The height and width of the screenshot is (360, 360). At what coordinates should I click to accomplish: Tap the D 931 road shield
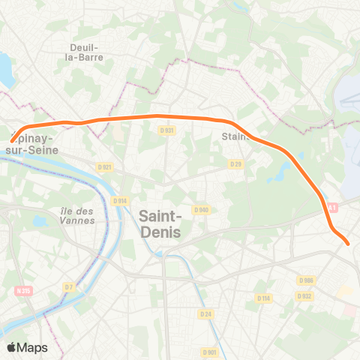pos(167,130)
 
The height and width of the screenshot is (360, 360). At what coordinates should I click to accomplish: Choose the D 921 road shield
pos(104,167)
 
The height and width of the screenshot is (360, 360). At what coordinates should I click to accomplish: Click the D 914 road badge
pos(120,200)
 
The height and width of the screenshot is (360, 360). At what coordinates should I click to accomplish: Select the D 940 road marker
pos(200,210)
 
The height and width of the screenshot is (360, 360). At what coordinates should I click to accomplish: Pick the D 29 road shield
pos(236,163)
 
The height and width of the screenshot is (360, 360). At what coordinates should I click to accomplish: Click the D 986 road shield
pos(304,280)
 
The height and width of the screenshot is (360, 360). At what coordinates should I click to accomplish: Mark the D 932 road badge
pos(304,295)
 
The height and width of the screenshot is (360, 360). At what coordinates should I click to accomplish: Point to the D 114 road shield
pos(262,298)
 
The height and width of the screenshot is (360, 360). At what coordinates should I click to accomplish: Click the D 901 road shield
pos(209,352)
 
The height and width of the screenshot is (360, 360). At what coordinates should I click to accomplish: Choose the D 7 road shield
pos(69,286)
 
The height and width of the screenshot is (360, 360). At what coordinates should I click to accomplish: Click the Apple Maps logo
pos(27,347)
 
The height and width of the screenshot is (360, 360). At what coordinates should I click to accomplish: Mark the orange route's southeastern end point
pos(347,242)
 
